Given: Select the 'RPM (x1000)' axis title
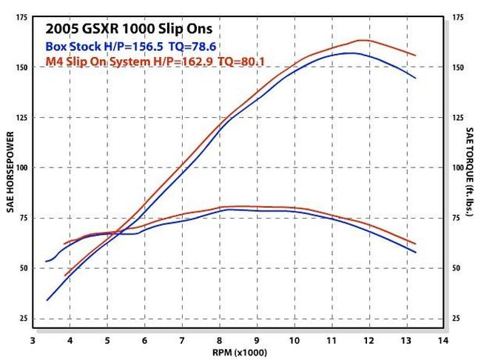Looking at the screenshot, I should pyautogui.click(x=238, y=351).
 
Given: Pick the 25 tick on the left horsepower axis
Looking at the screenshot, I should pyautogui.click(x=22, y=319).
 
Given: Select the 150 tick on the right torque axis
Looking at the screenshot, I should pyautogui.click(x=457, y=67).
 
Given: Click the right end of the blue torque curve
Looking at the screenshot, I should pyautogui.click(x=415, y=253).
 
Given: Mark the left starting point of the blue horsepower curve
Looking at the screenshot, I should pyautogui.click(x=47, y=300).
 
